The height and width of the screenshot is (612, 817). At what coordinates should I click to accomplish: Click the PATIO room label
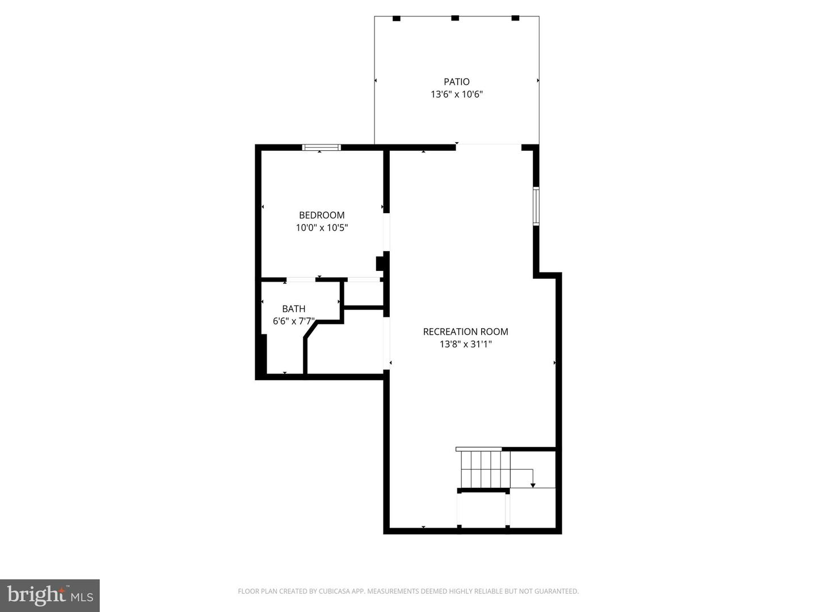(x=456, y=82)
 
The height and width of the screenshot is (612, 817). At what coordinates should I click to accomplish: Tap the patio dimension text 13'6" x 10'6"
(x=456, y=95)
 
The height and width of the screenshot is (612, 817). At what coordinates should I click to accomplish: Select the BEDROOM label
(x=322, y=215)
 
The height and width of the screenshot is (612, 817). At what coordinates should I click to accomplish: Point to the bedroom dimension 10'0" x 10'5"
(x=322, y=228)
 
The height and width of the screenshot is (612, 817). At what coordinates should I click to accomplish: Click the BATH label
(x=293, y=309)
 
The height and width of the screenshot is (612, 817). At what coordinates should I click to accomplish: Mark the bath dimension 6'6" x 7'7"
(x=293, y=321)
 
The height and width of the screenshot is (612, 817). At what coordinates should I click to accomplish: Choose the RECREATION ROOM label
(x=465, y=331)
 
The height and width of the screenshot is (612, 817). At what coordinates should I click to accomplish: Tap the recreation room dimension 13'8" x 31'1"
(x=465, y=344)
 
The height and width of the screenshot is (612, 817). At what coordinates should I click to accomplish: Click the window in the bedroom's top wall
(x=321, y=147)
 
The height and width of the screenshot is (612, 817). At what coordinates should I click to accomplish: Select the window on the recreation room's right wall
(x=536, y=206)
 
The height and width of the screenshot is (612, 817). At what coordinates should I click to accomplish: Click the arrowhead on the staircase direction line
(x=533, y=484)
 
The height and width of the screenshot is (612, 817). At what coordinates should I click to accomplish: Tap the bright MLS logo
(x=50, y=595)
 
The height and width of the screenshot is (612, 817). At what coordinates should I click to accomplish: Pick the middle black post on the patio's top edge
(x=454, y=18)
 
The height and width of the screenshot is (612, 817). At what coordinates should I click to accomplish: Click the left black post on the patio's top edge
(x=396, y=18)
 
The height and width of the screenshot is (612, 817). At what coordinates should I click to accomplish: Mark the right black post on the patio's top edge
(x=515, y=18)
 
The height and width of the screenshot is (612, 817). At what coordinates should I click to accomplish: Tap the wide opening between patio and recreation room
(x=488, y=146)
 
